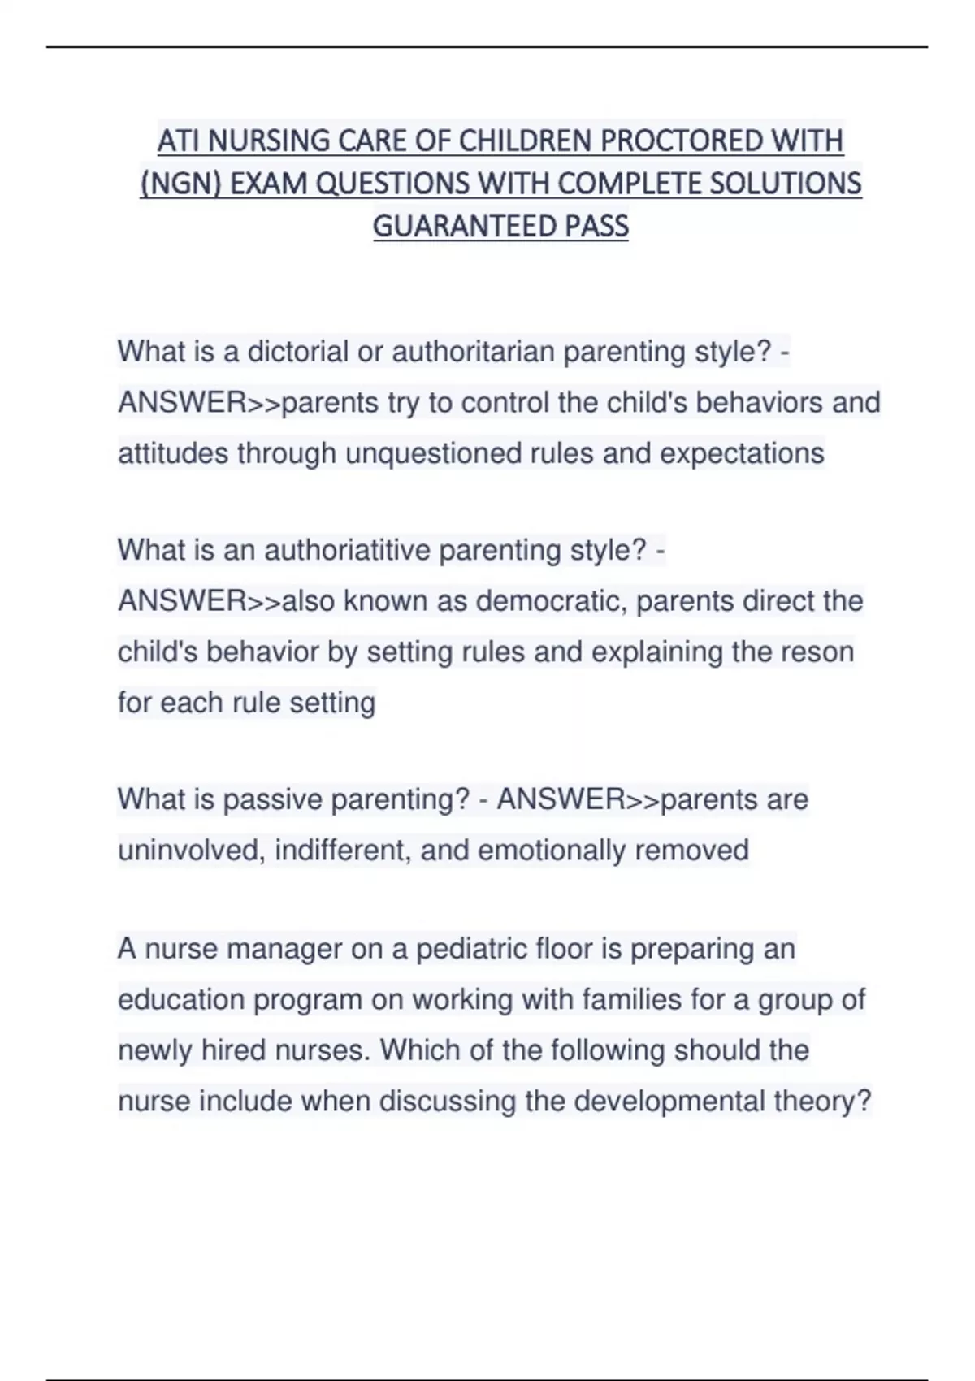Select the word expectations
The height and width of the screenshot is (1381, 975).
tap(742, 453)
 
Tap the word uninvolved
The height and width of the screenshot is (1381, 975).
tap(192, 851)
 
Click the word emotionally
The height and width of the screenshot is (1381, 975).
tap(552, 851)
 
